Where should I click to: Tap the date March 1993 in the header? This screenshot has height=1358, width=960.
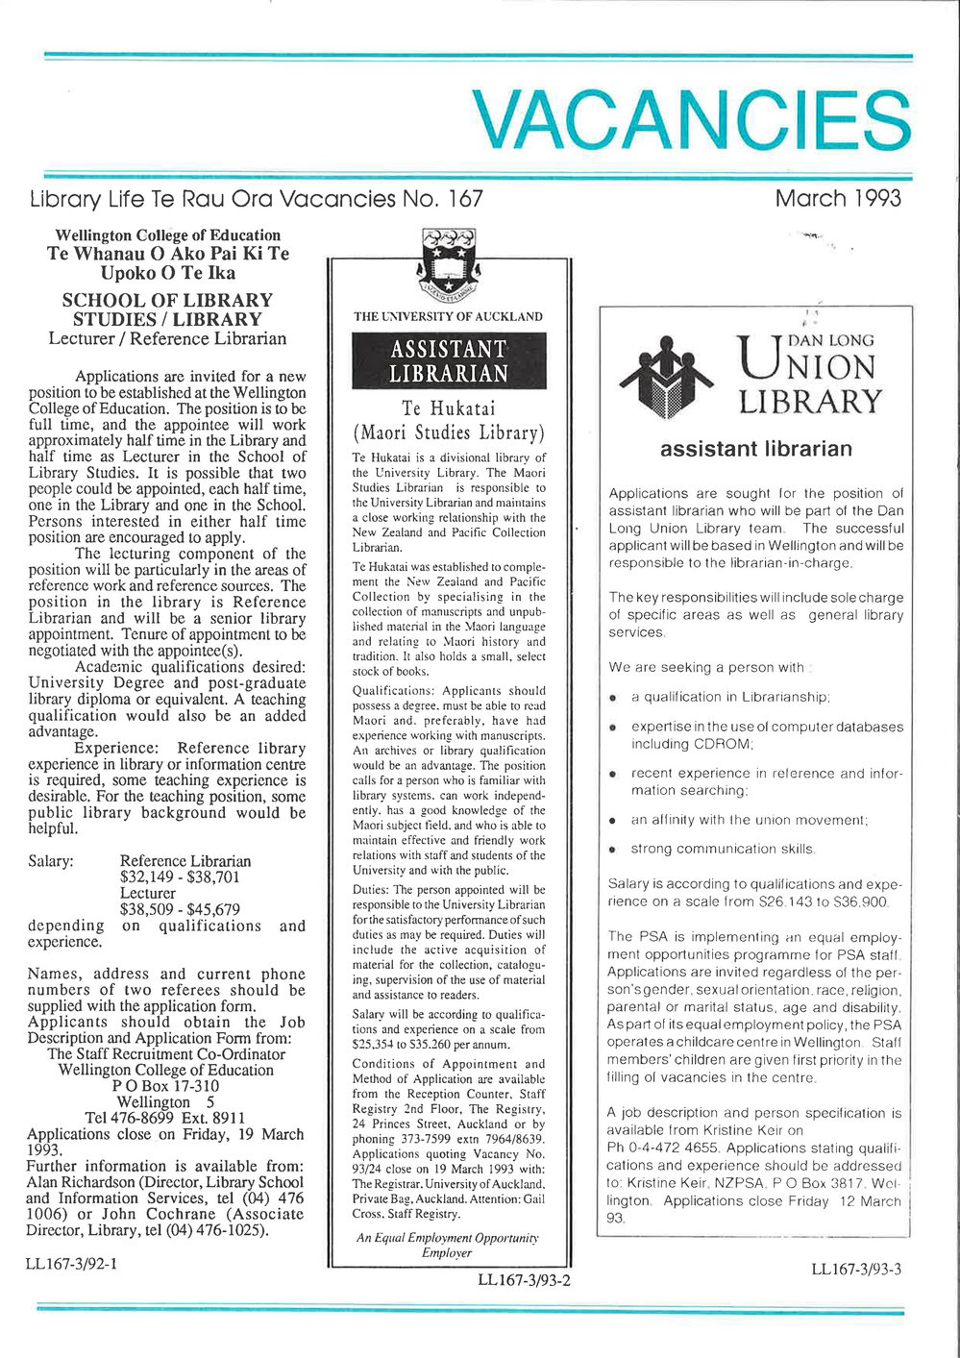pos(838,199)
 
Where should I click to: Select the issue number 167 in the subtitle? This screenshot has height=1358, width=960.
pos(465,199)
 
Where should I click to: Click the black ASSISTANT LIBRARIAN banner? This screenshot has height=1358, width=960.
pos(449,360)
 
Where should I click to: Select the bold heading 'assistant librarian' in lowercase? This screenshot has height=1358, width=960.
pos(755,449)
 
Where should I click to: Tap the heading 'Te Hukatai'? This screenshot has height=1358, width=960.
pos(449,408)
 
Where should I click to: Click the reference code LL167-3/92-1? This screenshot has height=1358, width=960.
pos(72,1263)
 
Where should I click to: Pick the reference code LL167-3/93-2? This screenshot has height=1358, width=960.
pos(524,1279)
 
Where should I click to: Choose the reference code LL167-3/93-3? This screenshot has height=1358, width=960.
pos(856,1269)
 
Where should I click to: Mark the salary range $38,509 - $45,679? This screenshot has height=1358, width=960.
pos(180,909)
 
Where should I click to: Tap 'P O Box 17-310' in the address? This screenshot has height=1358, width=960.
pos(165,1086)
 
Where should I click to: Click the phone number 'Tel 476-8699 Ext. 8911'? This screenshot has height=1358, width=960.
pos(165,1118)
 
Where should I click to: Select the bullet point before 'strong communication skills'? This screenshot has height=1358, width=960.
pos(612,850)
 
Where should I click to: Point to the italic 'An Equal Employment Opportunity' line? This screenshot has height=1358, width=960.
pos(448,1238)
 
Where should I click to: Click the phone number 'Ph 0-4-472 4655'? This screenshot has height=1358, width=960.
pos(664,1148)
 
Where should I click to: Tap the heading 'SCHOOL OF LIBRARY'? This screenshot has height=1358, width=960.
pos(167,301)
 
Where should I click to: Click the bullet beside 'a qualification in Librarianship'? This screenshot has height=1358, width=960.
pos(612,698)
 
